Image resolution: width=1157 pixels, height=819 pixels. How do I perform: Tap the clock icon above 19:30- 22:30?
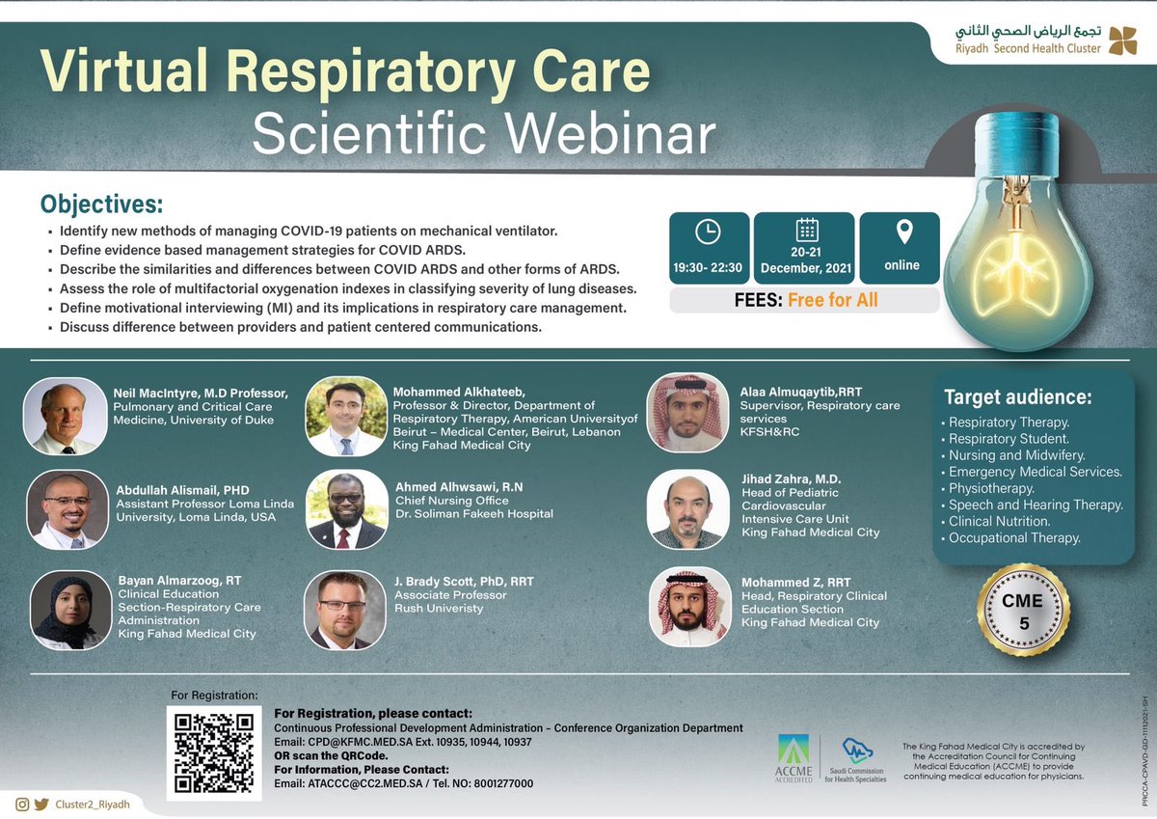[x=708, y=232]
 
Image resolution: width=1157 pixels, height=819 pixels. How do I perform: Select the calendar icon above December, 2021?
[x=806, y=230]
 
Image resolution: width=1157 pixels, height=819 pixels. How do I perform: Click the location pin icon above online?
[x=903, y=232]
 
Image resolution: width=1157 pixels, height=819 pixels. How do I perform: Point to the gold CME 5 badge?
[x=1024, y=611]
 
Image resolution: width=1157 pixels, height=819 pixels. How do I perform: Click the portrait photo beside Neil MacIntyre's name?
[x=64, y=416]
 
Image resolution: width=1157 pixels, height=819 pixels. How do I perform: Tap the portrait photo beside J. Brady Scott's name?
[x=344, y=610]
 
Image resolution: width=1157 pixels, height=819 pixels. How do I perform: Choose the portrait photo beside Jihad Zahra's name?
[x=687, y=509]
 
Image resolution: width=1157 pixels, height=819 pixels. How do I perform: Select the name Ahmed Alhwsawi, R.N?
[x=445, y=487]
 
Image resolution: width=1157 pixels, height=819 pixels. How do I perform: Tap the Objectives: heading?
[x=101, y=205]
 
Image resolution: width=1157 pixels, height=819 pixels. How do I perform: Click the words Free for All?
[x=833, y=300]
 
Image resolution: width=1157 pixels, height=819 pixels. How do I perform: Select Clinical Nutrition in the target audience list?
[x=1000, y=521]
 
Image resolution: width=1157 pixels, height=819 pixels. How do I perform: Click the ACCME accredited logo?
[x=794, y=758]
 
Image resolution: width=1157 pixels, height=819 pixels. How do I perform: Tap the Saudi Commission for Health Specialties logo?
[x=858, y=758]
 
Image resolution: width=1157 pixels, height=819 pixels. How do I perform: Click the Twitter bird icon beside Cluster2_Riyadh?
[x=40, y=805]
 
